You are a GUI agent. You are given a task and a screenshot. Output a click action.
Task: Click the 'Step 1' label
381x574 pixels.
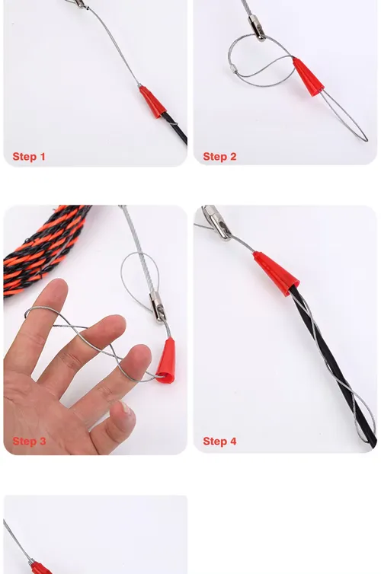coord(29,156)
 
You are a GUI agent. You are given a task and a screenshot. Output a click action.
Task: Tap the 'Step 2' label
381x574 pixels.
coord(219,156)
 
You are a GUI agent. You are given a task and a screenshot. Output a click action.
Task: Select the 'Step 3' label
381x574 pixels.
coord(29,441)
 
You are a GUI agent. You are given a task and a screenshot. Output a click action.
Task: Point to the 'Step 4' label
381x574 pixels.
coord(219,441)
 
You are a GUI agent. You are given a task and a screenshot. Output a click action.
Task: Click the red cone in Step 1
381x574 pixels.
coord(152,102)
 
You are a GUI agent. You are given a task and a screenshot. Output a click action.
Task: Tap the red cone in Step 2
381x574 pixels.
coord(308,77)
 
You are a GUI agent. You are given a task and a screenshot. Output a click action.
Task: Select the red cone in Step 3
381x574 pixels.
coord(167,361)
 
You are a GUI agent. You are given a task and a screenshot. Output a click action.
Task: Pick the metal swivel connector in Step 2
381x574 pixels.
coord(257,28)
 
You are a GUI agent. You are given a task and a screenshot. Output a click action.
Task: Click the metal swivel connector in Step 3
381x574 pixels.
coord(158,308)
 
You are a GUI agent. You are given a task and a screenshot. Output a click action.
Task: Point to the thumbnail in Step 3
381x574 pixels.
coord(126,407)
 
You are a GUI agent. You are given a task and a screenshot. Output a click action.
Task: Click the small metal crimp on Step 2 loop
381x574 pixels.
coord(232,69)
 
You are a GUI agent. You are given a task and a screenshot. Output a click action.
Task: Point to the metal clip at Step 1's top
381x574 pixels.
coord(78,4)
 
